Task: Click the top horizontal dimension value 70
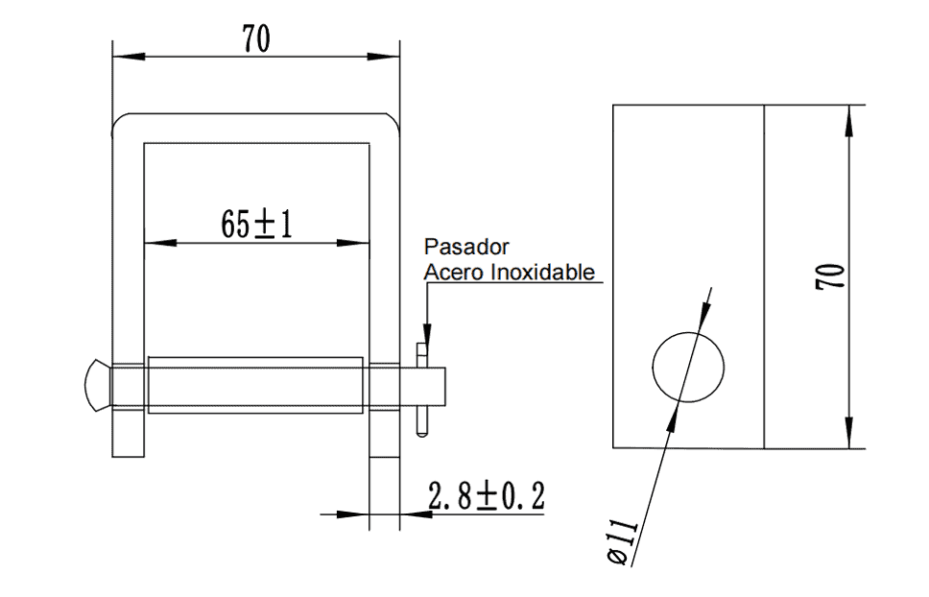point(256,38)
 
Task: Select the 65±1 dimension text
point(256,225)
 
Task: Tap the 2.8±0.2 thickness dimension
point(487,496)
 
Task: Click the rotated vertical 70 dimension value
point(829,276)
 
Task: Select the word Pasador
point(466,247)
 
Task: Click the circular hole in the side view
point(688,368)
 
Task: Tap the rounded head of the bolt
point(98,385)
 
